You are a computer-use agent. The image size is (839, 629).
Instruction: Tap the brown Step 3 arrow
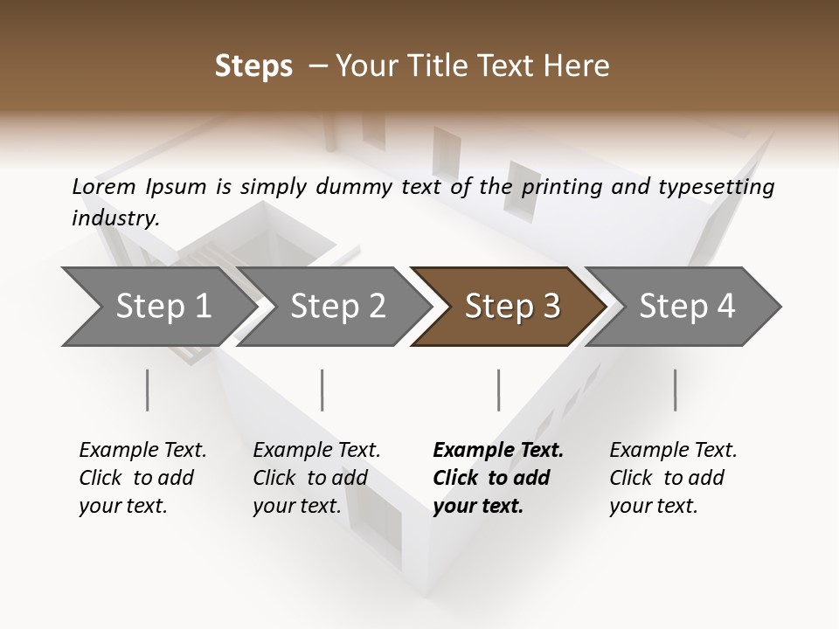coord(512,307)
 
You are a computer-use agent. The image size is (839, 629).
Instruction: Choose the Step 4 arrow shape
coord(687,307)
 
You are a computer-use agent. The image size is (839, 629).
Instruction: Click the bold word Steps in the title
coord(253,66)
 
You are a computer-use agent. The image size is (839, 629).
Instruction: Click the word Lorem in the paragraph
coord(104,187)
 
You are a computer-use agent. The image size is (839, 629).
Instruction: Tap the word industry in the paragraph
coord(115,218)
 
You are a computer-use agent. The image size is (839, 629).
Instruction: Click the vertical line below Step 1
coord(148,390)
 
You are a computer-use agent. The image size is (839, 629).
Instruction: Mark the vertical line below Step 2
coord(322,390)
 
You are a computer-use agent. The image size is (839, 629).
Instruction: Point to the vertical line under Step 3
coord(499,390)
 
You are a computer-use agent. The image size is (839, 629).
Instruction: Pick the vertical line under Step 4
coord(676,390)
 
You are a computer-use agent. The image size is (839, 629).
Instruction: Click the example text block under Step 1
coord(142,478)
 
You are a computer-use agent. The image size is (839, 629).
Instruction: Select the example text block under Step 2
coord(316,478)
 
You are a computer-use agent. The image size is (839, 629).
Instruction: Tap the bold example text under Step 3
coord(498,478)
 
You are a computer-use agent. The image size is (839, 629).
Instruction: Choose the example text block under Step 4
coord(673,478)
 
